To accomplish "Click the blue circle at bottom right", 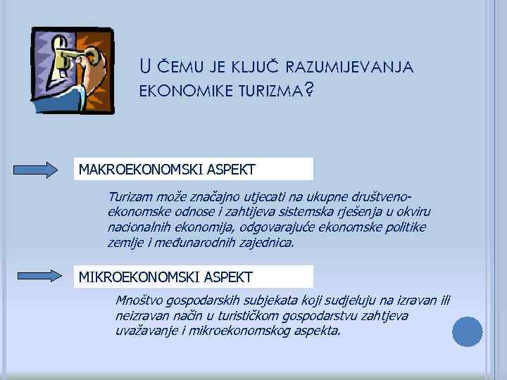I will pos(467,331).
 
